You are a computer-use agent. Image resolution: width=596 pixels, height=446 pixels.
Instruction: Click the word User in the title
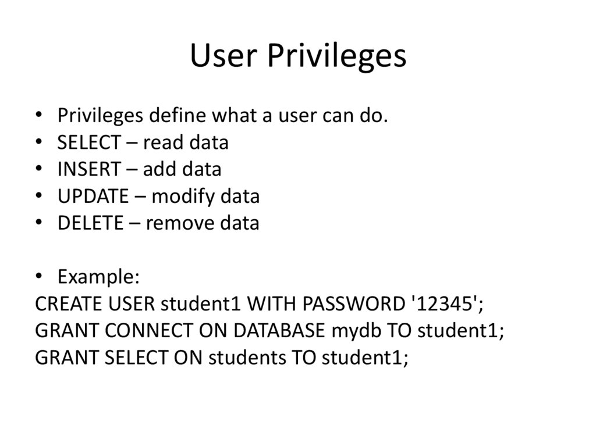click(x=223, y=56)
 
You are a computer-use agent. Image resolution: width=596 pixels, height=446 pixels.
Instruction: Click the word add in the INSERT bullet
click(x=155, y=169)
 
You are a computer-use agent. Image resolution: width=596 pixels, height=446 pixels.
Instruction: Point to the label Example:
click(x=98, y=277)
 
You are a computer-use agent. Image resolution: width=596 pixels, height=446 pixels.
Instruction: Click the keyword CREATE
click(x=62, y=304)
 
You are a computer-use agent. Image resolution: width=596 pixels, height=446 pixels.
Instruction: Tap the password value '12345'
click(x=447, y=304)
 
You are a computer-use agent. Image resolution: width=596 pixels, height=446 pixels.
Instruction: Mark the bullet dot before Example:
click(x=39, y=277)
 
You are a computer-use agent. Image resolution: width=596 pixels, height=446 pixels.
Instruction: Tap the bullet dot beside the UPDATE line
click(x=39, y=197)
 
